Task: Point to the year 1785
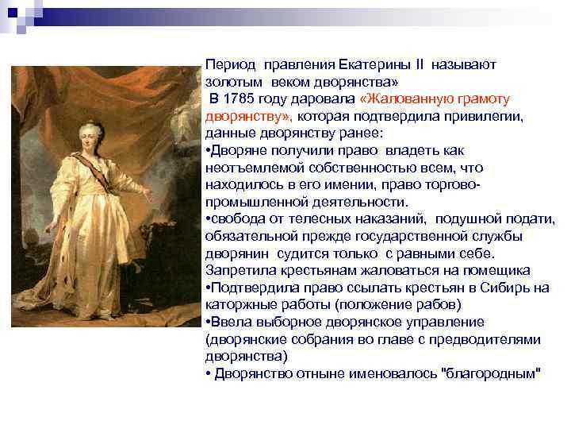(240, 98)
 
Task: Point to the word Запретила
(237, 271)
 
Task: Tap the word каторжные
(237, 305)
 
